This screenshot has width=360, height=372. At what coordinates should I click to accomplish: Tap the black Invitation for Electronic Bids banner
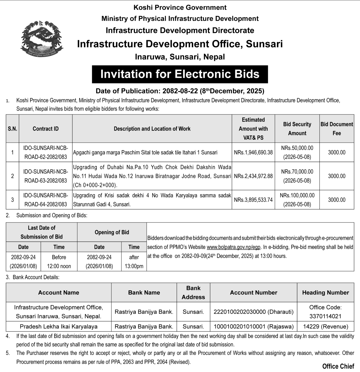pos(180,74)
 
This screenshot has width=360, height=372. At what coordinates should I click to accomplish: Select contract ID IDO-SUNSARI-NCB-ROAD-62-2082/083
pos(46,152)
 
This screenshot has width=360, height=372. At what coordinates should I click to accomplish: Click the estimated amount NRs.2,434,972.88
pos(253,176)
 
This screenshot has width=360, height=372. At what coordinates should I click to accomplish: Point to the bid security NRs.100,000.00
pos(297,200)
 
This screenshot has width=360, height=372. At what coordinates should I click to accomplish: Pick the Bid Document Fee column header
pos(337,129)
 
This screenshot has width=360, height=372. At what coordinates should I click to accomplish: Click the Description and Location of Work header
pos(152,129)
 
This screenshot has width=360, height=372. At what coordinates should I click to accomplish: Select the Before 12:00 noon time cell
pos(59,261)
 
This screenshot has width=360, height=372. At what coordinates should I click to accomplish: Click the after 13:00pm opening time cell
pos(134,261)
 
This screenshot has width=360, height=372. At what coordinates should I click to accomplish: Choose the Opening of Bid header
pos(112,232)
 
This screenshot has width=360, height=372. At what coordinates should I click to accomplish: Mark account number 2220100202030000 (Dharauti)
pos(253,312)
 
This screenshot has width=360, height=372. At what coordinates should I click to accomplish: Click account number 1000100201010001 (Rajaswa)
pos(253,326)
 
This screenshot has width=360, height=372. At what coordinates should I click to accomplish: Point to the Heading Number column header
pos(325,292)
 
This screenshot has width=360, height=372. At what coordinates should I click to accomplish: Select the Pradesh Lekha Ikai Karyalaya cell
pos(59,326)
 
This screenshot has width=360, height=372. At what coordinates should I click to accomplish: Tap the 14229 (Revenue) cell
pos(325,326)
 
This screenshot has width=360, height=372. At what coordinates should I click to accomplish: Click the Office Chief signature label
pos(338,366)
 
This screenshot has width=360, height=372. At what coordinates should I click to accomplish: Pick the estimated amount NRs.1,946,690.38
pos(253,152)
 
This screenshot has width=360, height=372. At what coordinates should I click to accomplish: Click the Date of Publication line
pos(180,91)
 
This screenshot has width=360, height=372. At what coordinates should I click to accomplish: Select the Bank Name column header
pos(144,292)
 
